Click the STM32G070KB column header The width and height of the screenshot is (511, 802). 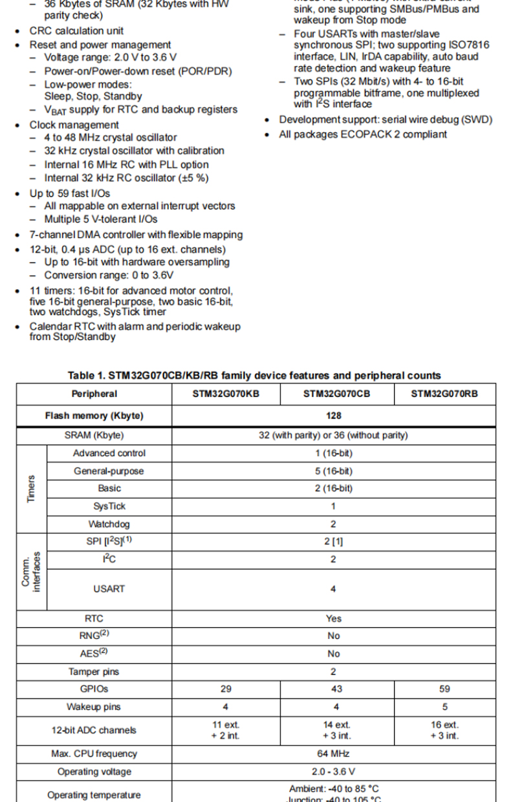click(226, 394)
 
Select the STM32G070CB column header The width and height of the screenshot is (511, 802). click(336, 394)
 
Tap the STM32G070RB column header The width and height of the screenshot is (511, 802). click(444, 394)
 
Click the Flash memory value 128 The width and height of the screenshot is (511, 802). click(334, 415)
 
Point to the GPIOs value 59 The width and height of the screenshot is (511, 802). click(444, 689)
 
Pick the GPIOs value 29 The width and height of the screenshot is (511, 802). click(226, 689)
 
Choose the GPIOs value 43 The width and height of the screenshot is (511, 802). click(336, 689)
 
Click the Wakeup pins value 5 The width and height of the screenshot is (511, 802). click(444, 707)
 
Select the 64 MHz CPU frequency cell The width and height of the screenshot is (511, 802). click(334, 753)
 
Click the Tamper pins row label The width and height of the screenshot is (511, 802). click(94, 672)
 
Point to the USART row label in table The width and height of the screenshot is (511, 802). click(109, 589)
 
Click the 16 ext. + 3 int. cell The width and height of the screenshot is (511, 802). click(444, 730)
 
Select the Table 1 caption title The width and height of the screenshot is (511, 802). click(254, 375)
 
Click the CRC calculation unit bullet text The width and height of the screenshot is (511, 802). click(76, 31)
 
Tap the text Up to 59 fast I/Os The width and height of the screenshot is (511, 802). click(70, 193)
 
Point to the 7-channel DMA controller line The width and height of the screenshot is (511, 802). click(136, 235)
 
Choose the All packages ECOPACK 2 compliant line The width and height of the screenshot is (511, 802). click(363, 134)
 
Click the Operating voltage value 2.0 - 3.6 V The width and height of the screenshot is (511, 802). click(334, 772)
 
